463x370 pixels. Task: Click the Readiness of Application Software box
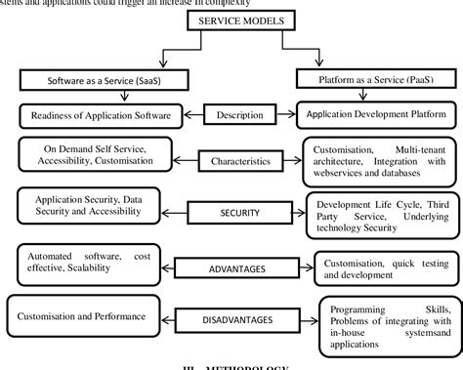[x=96, y=115]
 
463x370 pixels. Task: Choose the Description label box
[x=232, y=115]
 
